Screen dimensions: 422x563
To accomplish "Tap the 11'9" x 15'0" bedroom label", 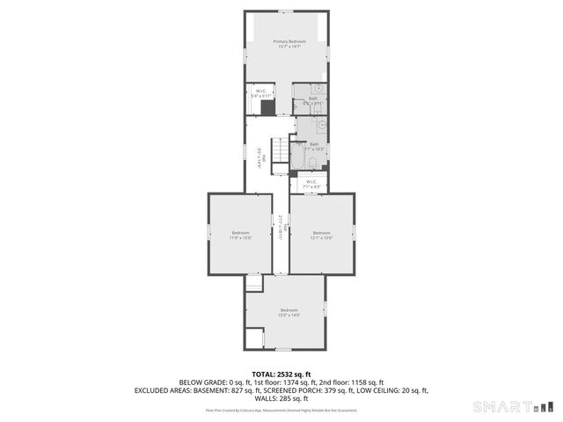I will pyautogui.click(x=240, y=235).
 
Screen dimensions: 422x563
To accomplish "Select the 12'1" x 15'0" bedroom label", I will pyautogui.click(x=321, y=235).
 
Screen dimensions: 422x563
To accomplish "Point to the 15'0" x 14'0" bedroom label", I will pyautogui.click(x=289, y=312).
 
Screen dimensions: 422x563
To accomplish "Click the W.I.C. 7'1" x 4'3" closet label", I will pyautogui.click(x=312, y=184).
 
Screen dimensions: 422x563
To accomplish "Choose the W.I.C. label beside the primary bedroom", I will pyautogui.click(x=260, y=93).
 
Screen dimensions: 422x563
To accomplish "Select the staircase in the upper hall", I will pyautogui.click(x=278, y=155).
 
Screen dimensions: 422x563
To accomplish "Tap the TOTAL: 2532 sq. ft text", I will pyautogui.click(x=281, y=374).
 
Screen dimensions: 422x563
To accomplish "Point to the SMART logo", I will pyautogui.click(x=513, y=406).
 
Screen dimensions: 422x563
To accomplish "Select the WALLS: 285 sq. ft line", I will pyautogui.click(x=281, y=397).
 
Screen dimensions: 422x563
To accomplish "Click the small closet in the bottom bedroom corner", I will pyautogui.click(x=254, y=338).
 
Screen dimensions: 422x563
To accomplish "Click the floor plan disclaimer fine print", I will pyautogui.click(x=281, y=410).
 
